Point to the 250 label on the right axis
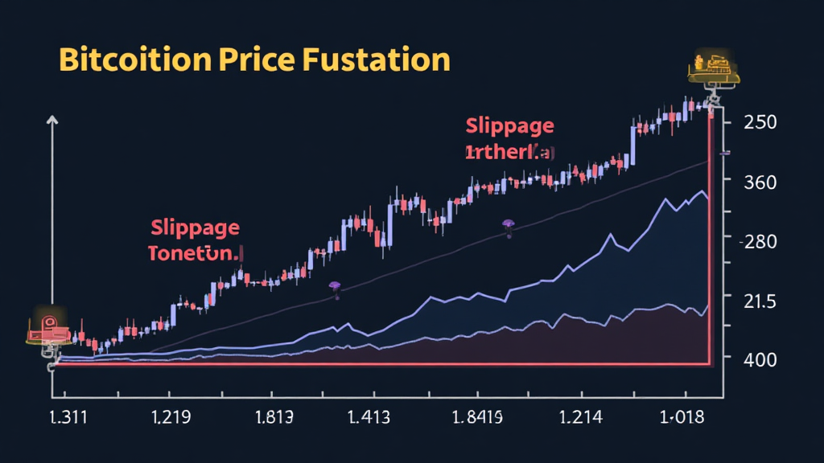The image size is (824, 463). point(760,121)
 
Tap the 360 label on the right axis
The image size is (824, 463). point(760,182)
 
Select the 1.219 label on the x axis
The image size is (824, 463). point(171,417)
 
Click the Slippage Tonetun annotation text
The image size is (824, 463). point(195,240)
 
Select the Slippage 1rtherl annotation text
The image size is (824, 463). point(509,138)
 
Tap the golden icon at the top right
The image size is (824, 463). point(711,68)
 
